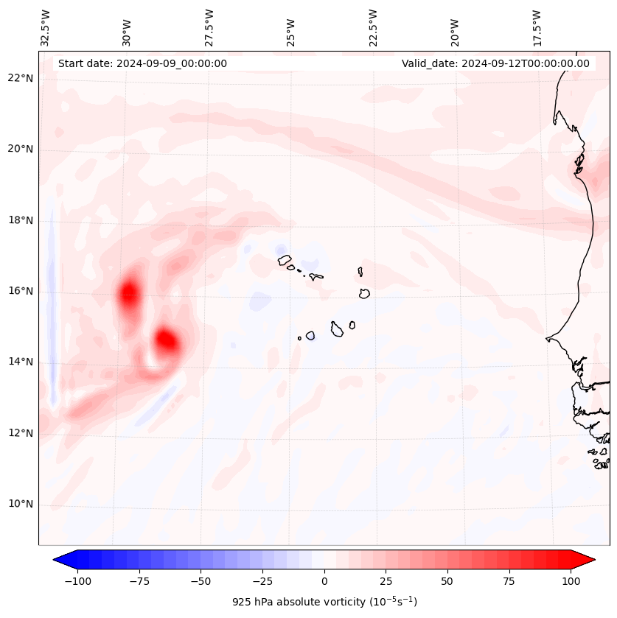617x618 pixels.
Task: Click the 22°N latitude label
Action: tap(21, 78)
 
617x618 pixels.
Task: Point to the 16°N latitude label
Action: tap(21, 291)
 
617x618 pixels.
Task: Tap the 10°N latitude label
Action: tap(21, 505)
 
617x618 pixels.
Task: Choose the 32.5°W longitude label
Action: tap(45, 28)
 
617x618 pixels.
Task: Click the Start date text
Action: tap(142, 63)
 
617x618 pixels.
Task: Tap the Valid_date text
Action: tap(495, 63)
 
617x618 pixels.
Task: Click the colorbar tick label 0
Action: tap(324, 581)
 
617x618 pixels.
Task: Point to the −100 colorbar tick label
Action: tap(77, 581)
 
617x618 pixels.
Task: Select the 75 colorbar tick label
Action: tap(509, 581)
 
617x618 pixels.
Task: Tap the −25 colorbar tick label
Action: tap(262, 581)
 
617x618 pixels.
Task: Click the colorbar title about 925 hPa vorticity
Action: tap(324, 602)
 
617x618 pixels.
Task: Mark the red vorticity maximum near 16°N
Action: tap(129, 292)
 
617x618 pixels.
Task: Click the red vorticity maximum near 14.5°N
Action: tap(167, 341)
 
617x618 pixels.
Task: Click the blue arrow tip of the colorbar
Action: tap(57, 560)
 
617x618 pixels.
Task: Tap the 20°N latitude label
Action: tap(21, 149)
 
